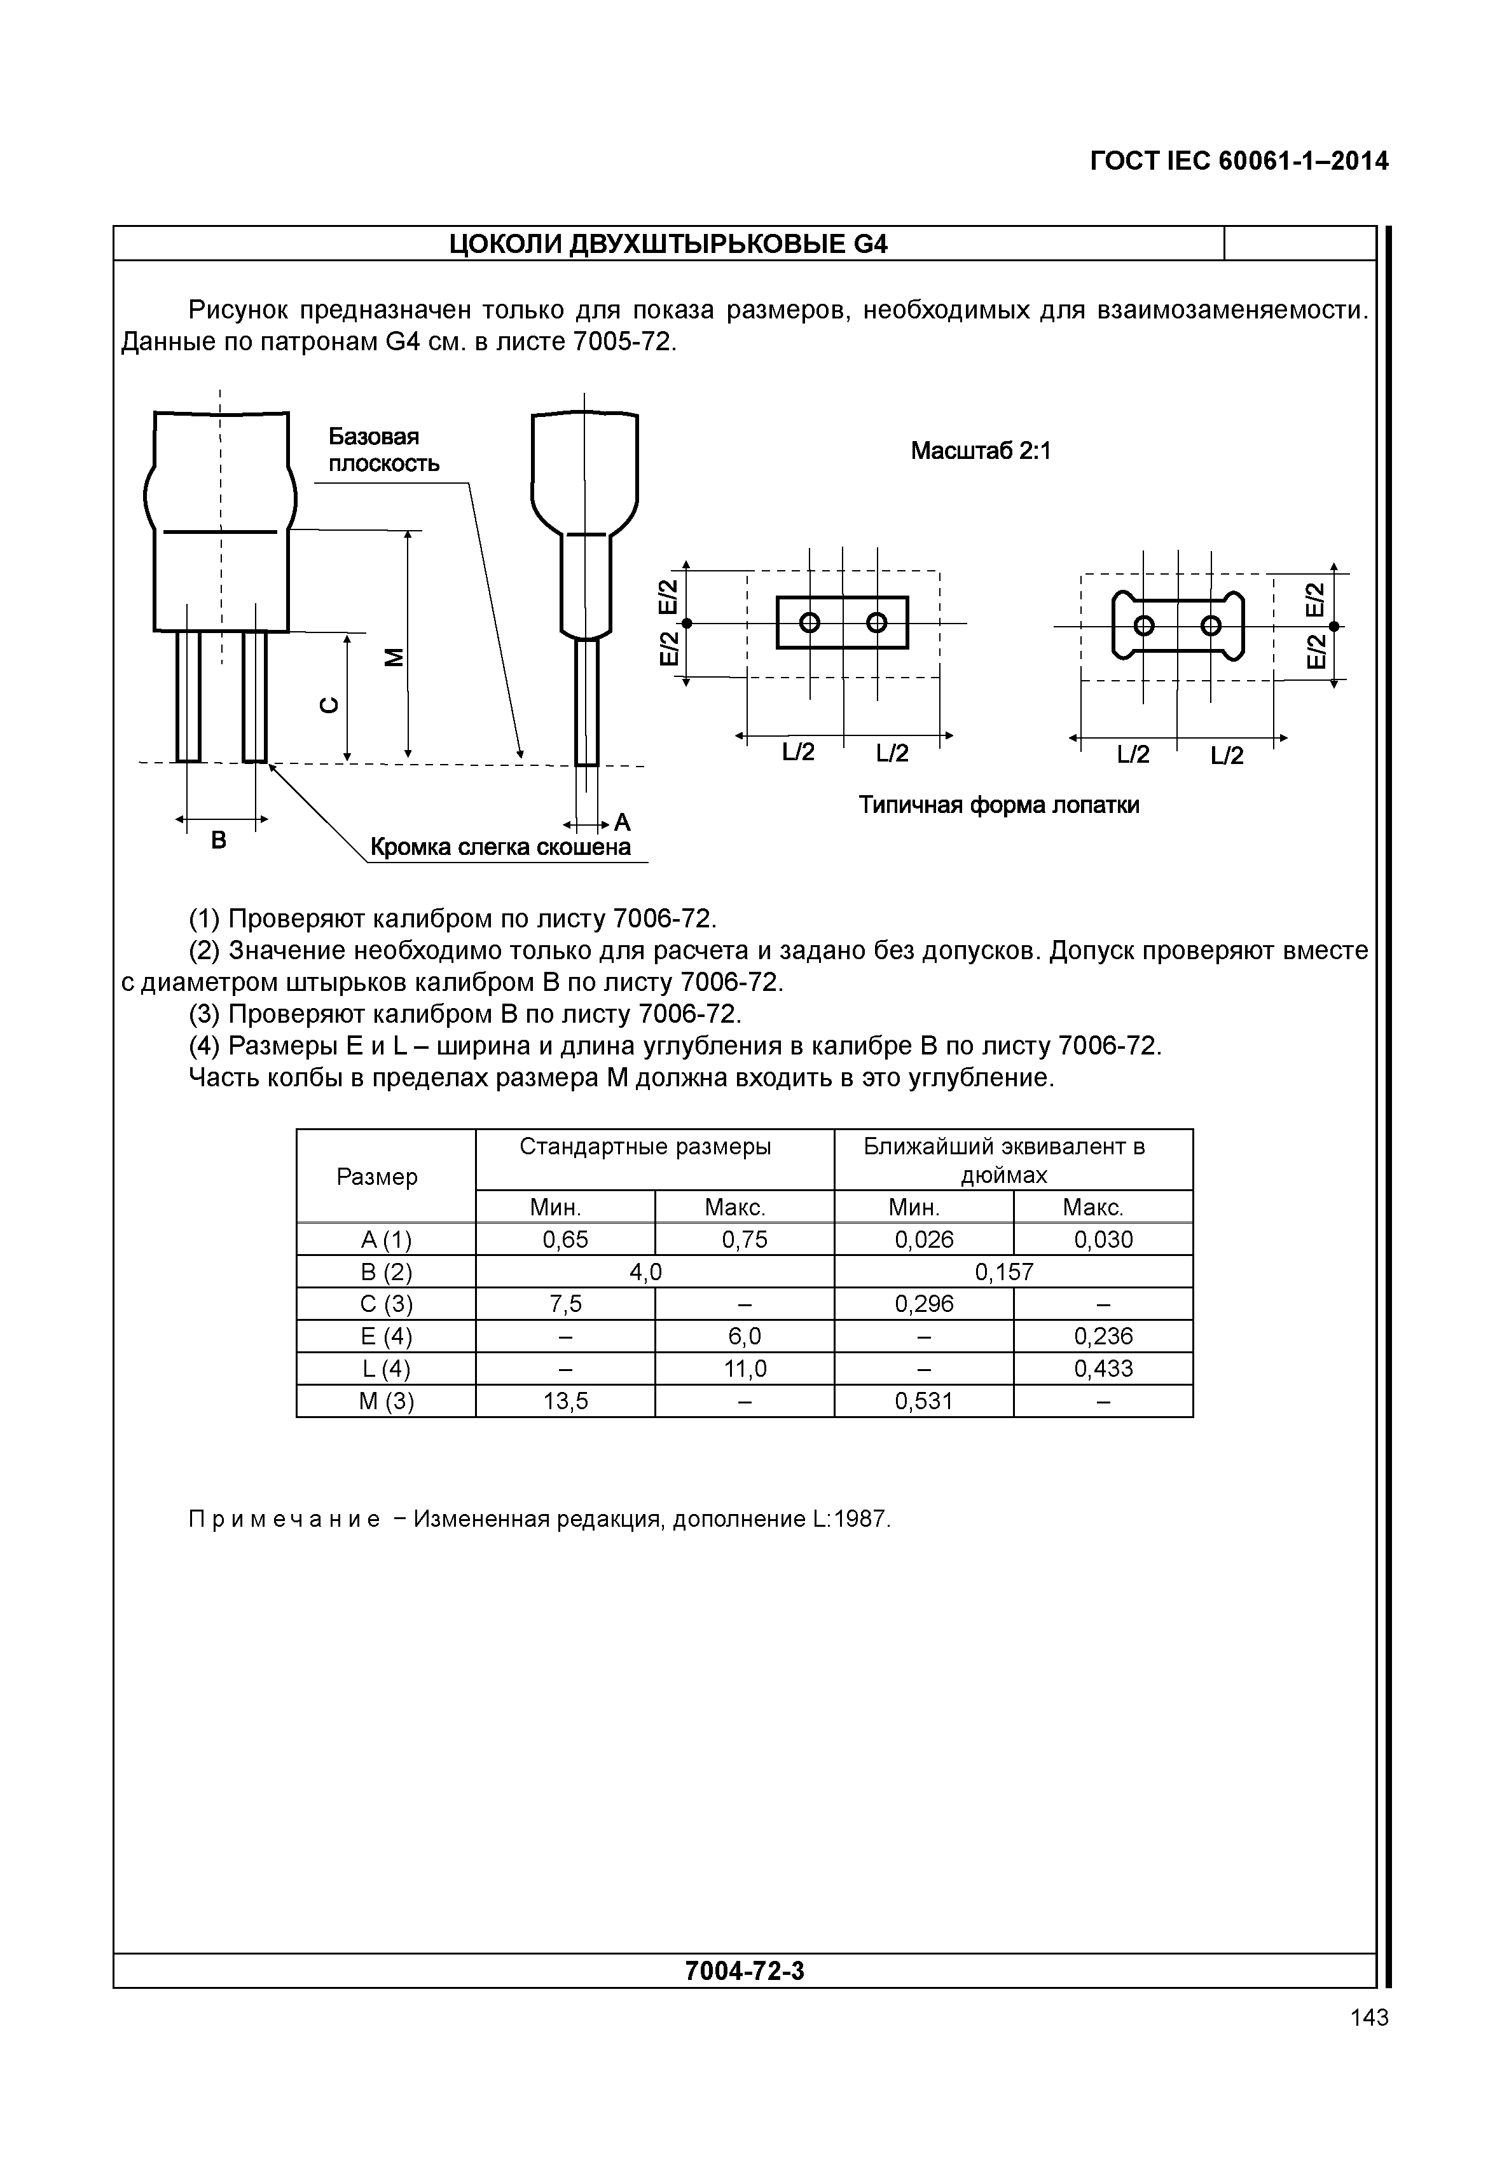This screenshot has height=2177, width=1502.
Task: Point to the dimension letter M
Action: pos(394,658)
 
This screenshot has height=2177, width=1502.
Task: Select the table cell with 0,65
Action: pos(565,1240)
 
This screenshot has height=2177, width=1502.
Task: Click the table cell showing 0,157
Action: pos(1004,1273)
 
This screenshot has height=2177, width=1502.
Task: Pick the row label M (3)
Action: pos(386,1402)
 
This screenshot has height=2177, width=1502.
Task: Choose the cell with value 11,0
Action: pos(745,1369)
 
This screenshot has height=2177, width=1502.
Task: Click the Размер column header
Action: pos(376,1177)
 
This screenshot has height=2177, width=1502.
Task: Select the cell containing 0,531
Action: pos(923,1402)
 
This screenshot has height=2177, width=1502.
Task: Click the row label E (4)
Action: pos(386,1337)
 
